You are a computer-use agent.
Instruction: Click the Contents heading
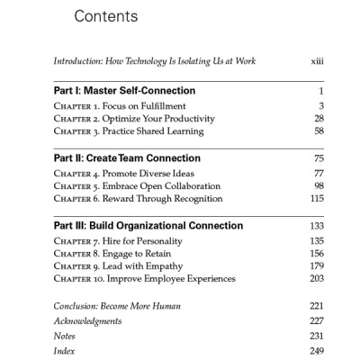(x=105, y=17)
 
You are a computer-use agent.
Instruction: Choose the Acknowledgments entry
(x=87, y=320)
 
